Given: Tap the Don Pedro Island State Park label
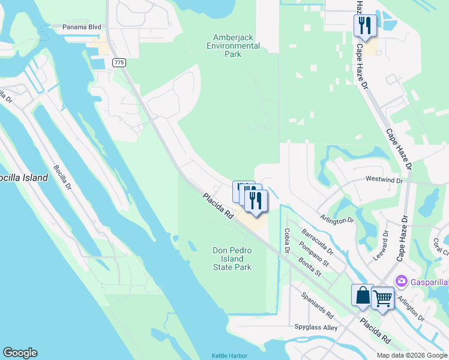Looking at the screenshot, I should [232, 259].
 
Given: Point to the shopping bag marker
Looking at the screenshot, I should [363, 295].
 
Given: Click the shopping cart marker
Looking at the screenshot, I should [382, 298].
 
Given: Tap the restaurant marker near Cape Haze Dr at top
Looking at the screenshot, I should [364, 26].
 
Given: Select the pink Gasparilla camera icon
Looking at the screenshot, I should [401, 281].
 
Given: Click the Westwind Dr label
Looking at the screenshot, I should [384, 179].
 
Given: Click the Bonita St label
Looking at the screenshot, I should [310, 267].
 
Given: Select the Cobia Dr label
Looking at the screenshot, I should [287, 241].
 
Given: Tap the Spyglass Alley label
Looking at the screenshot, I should [316, 328].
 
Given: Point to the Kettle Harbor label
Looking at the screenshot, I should [229, 356].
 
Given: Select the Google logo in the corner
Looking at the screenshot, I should [20, 353].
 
